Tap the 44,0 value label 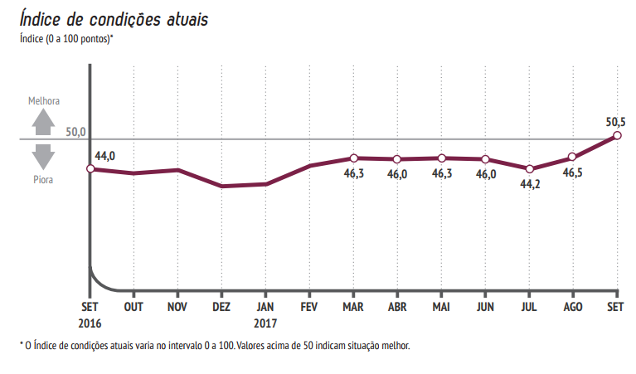click(105, 156)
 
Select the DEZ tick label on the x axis click(221, 306)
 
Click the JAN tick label click(265, 306)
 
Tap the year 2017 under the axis click(265, 323)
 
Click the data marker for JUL click(529, 168)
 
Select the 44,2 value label click(530, 184)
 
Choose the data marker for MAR click(353, 158)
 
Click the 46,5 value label click(573, 173)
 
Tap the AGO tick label click(573, 306)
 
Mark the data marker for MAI click(441, 158)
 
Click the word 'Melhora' click(44, 100)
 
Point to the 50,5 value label click(616, 122)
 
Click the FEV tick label click(308, 306)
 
